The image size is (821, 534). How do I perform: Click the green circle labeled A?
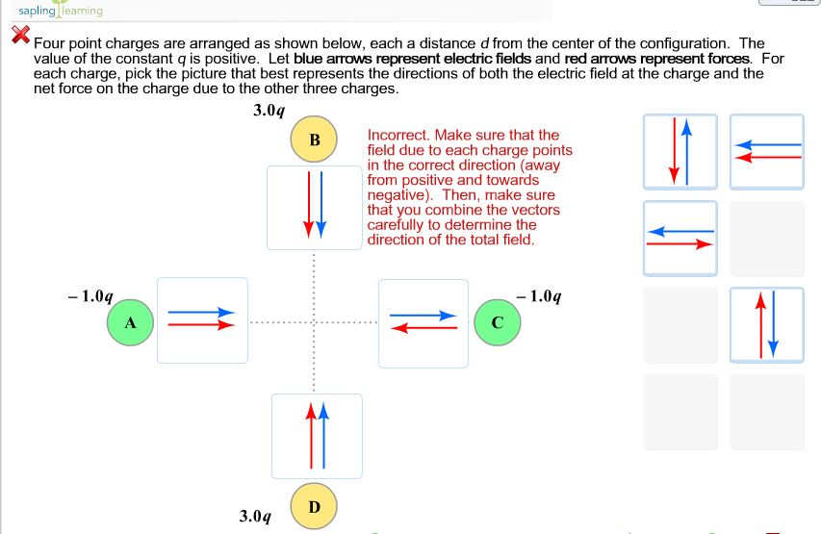tap(130, 321)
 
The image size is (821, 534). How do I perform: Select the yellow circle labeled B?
tap(314, 140)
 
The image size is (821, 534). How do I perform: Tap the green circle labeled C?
tap(498, 321)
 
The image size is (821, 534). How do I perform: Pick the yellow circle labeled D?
tap(314, 506)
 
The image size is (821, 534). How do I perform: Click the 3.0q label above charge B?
tap(269, 110)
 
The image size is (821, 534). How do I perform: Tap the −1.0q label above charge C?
tap(539, 295)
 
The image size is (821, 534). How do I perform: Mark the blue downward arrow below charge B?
tap(321, 203)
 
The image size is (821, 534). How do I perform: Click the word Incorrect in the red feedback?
tap(397, 136)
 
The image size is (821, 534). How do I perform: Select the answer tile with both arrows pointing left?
tap(766, 151)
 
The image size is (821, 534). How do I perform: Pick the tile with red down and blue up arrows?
tap(680, 151)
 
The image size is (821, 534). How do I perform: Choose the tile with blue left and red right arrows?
tap(680, 238)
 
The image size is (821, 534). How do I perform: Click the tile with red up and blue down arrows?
tap(766, 324)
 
